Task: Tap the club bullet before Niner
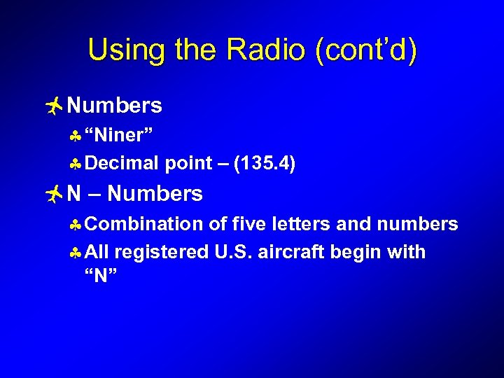pyautogui.click(x=76, y=135)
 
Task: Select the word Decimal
pyautogui.click(x=124, y=164)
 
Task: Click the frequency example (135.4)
pyautogui.click(x=265, y=164)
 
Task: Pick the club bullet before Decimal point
pyautogui.click(x=76, y=164)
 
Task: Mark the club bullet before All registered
pyautogui.click(x=76, y=253)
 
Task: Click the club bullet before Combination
pyautogui.click(x=76, y=225)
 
